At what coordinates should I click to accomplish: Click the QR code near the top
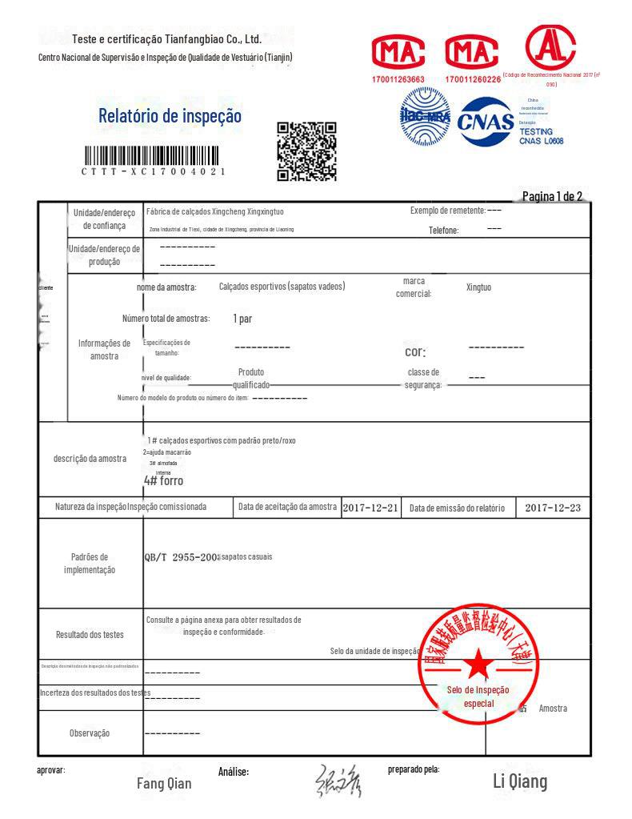click(306, 151)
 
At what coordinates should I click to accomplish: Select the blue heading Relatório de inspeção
click(170, 116)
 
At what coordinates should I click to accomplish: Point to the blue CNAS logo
click(485, 121)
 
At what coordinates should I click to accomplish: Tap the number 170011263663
click(398, 79)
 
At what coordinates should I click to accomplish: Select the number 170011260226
click(473, 79)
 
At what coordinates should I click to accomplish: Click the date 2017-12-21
click(370, 508)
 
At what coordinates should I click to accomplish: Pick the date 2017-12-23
click(553, 508)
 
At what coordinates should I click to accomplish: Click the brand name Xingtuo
click(478, 287)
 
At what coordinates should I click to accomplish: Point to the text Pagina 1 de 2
click(551, 196)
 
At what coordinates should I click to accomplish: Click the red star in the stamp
click(478, 662)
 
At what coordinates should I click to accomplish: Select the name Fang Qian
click(164, 784)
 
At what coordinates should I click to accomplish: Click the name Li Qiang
click(519, 781)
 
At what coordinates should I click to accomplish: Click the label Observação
click(90, 733)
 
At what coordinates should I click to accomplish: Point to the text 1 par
click(242, 319)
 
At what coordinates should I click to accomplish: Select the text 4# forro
click(163, 480)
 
